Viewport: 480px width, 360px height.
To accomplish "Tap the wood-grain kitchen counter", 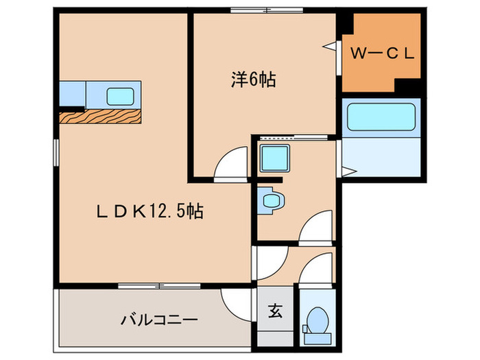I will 101,116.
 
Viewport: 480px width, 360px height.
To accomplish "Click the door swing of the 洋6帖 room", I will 232,165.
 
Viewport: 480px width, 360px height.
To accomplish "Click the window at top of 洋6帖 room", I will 267,10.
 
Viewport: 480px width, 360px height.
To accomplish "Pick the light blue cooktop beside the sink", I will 73,93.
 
